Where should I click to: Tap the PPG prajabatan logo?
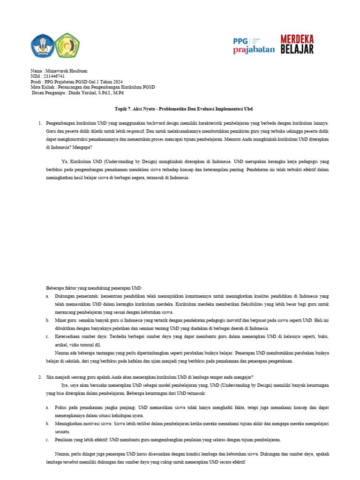[254, 45]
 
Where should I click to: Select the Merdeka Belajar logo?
[297, 44]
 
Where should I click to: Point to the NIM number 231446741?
[52, 76]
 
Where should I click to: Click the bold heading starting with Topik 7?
[184, 108]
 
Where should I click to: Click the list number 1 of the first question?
[40, 123]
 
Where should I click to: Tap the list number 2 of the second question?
[40, 377]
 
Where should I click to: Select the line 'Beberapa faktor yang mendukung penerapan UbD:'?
[93, 288]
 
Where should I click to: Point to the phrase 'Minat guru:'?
[67, 320]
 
